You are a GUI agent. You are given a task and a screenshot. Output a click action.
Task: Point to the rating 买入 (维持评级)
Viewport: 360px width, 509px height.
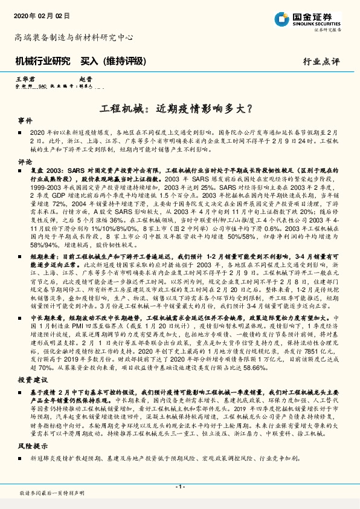[x=114, y=61]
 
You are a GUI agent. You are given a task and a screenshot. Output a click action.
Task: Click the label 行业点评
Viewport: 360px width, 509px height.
[x=321, y=61]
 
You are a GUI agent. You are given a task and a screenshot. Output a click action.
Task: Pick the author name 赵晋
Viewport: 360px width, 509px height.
[x=85, y=79]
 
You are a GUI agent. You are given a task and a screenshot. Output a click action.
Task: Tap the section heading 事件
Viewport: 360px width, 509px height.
[x=25, y=121]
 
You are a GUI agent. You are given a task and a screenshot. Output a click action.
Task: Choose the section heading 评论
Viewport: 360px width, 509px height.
[x=25, y=162]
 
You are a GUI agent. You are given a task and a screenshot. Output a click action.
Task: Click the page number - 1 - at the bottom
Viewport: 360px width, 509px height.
[x=179, y=487]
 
